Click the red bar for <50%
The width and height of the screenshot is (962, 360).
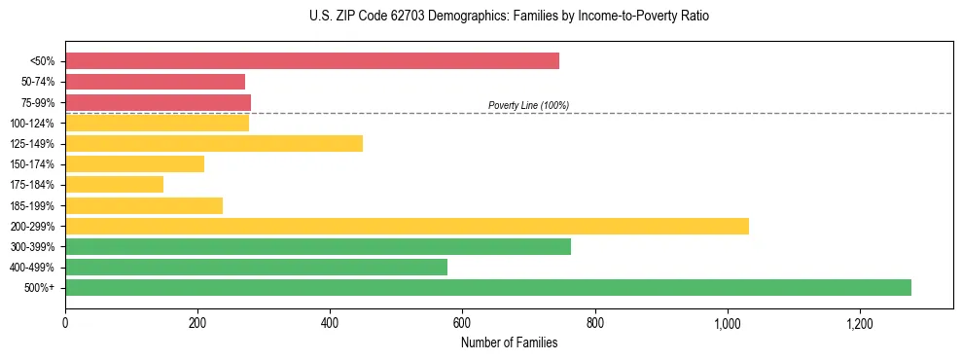[312, 61]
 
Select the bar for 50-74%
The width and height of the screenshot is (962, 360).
[156, 82]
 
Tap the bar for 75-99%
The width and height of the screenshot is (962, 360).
[159, 102]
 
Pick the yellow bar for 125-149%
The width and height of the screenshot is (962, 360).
[214, 144]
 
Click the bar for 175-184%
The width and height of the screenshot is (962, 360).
[115, 185]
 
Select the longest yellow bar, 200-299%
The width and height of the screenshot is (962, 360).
[407, 227]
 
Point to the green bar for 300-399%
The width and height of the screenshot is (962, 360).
[318, 247]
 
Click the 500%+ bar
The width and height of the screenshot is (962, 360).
[488, 288]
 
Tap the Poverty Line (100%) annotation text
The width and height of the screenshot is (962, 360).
[528, 105]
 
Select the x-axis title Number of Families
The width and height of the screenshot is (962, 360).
[509, 342]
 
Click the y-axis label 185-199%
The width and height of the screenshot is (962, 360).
[32, 206]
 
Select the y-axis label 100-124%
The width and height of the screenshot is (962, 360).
[32, 124]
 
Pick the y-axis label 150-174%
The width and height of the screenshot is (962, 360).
[32, 164]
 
